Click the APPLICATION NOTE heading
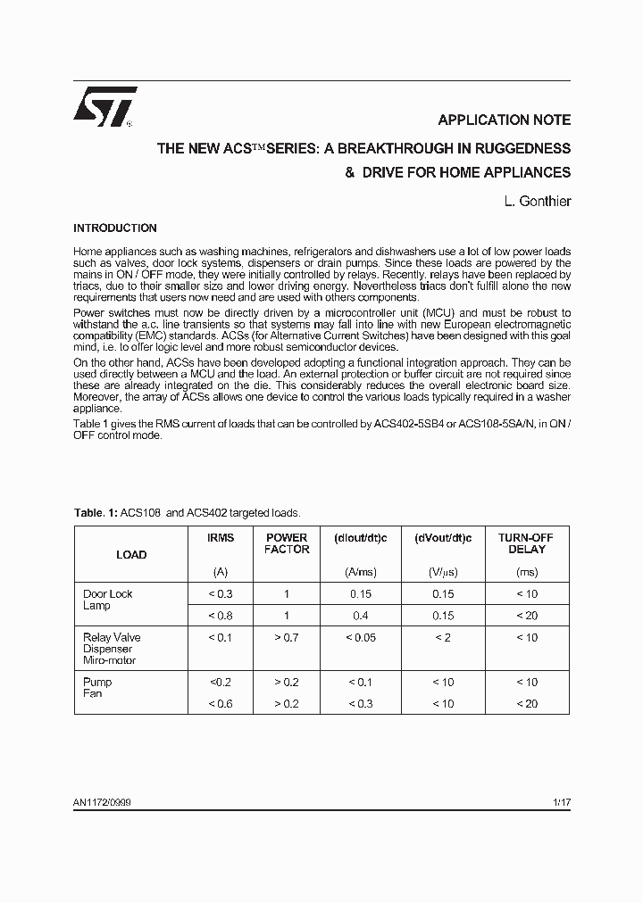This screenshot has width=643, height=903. [504, 120]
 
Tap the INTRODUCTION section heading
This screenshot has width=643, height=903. [115, 228]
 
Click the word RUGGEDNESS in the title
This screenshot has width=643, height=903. [519, 149]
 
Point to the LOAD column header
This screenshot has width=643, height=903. [131, 555]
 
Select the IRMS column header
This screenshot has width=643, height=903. [221, 538]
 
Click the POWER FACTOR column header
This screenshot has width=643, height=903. [287, 543]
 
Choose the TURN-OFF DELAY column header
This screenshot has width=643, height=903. [527, 543]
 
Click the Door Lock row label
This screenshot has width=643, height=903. [107, 594]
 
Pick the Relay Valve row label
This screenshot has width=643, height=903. [112, 638]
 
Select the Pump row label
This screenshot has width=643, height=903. [96, 683]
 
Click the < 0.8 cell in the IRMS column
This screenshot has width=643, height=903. [221, 616]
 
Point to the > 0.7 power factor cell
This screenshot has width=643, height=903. [287, 638]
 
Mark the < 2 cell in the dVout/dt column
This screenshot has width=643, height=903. [443, 638]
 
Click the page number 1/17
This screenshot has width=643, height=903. [561, 803]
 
